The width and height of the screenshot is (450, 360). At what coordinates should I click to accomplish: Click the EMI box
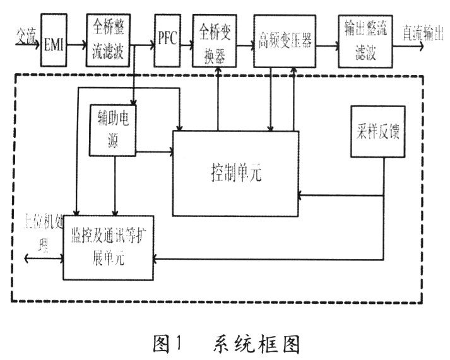[x=54, y=40]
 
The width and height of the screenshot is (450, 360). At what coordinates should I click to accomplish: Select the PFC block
[x=168, y=41]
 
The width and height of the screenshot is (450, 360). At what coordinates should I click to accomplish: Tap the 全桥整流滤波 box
[x=108, y=40]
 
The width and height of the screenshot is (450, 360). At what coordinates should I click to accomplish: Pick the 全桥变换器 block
[x=215, y=41]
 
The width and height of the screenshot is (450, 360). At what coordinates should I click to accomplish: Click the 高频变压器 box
[x=285, y=42]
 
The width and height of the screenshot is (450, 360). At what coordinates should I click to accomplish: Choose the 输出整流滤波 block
[x=365, y=42]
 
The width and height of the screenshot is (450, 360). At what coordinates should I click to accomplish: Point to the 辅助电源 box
[x=113, y=131]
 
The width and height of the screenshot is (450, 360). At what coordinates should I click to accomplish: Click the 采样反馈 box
[x=378, y=132]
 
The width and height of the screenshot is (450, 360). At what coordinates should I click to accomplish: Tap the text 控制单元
[x=236, y=173]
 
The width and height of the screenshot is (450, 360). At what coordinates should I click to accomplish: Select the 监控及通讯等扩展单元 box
[x=108, y=248]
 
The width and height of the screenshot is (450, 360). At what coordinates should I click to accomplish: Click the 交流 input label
[x=26, y=37]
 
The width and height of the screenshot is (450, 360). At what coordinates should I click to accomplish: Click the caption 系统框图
[x=256, y=344]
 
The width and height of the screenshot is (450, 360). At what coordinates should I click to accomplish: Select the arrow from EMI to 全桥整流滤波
[x=77, y=44]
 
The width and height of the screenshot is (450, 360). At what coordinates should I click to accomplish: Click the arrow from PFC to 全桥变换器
[x=187, y=45]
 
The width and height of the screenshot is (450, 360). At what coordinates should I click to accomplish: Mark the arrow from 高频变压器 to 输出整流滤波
[x=327, y=45]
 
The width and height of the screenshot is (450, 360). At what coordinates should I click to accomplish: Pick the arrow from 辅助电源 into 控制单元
[x=155, y=151]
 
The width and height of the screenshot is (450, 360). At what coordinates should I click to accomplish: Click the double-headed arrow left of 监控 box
[x=44, y=258]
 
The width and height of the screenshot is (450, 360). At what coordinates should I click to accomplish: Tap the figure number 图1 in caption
[x=167, y=344]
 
